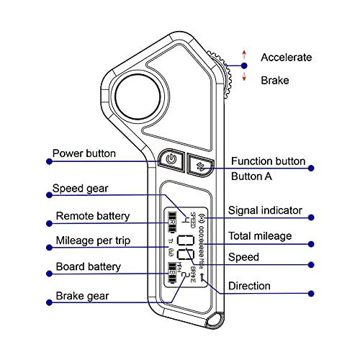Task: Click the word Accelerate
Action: pos(286,57)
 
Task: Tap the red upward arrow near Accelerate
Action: pos(244,53)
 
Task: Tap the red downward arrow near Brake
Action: pos(244,76)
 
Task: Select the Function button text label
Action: pos(268,161)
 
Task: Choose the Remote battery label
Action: pos(92,215)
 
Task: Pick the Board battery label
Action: pos(88,267)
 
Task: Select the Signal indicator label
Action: pos(264,210)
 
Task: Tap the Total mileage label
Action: pos(259,235)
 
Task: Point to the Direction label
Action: pos(249,286)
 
